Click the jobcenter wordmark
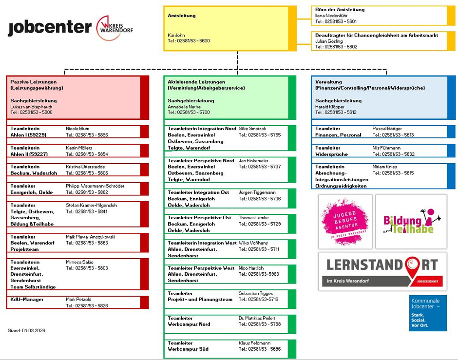pos(50,28)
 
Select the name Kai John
pos(176,35)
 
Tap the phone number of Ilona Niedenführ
pos(336,21)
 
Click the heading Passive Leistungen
pos(34,82)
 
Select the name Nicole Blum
pos(77,129)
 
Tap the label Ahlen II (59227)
pos(29,154)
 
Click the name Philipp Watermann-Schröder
pos(95,186)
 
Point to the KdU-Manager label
pos(27,299)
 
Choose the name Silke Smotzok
pos(252,129)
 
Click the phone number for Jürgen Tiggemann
pos(260,199)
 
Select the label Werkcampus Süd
pos(188,349)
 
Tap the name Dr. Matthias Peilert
pos(257,318)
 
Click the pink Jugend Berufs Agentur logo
pos(345,221)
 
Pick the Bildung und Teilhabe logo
pos(411,222)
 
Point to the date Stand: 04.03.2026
pos(26,330)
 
